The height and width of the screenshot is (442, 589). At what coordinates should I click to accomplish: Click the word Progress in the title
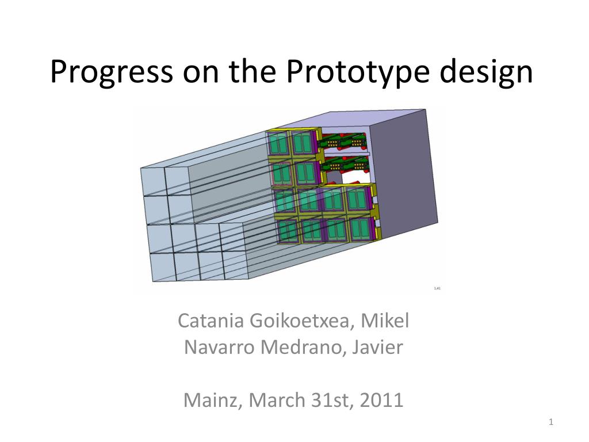[x=112, y=71]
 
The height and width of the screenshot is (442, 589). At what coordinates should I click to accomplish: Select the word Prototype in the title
[x=358, y=71]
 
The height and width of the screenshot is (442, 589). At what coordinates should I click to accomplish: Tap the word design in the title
[x=485, y=71]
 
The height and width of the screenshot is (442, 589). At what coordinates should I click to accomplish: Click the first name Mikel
[x=385, y=321]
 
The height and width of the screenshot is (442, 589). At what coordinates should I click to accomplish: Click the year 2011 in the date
[x=382, y=399]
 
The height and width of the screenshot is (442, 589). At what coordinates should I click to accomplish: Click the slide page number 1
[x=550, y=422]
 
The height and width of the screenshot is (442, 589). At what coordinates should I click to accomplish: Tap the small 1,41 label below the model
[x=437, y=288]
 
